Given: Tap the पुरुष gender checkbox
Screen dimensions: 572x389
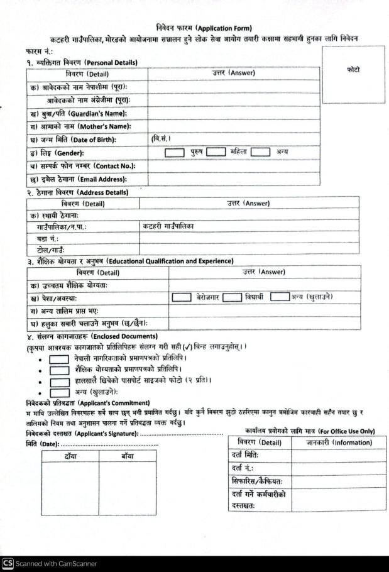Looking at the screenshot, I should pos(175,152).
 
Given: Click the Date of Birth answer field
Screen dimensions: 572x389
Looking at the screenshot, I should pos(233,138).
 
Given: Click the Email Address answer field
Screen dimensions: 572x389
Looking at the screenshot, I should pos(233,180).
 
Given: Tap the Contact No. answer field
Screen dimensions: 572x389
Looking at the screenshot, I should pos(233,166).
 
